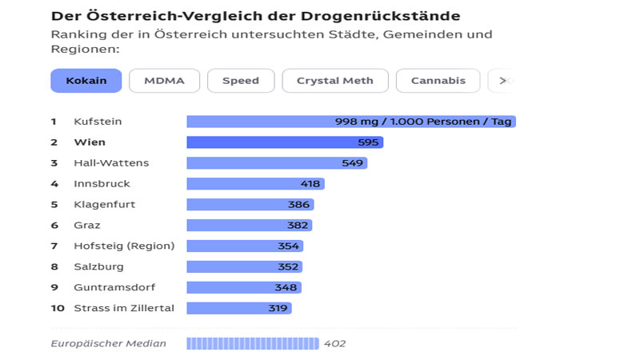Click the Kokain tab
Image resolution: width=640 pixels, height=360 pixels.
coord(86,81)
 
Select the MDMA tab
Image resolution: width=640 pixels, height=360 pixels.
coord(164,81)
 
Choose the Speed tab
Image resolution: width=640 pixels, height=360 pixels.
coord(241,81)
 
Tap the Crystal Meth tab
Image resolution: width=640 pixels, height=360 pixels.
coord(335,81)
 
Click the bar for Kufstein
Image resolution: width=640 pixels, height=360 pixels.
coord(350,122)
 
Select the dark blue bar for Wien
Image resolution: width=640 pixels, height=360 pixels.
coord(285,142)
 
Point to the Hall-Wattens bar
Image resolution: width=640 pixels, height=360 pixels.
coord(277,163)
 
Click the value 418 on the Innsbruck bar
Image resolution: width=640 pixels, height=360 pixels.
coord(310,184)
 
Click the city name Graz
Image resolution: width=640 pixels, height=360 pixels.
coord(87,226)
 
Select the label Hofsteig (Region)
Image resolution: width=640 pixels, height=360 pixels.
coord(124,246)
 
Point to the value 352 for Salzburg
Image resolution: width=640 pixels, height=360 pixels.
coord(288,266)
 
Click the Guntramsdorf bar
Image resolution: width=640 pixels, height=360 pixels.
coord(244,287)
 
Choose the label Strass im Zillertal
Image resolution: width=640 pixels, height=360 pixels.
coord(124,308)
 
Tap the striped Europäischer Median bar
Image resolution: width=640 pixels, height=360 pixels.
coord(252,343)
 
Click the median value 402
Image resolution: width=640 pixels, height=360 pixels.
coord(334,343)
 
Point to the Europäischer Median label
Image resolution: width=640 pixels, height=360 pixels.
coord(108,343)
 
